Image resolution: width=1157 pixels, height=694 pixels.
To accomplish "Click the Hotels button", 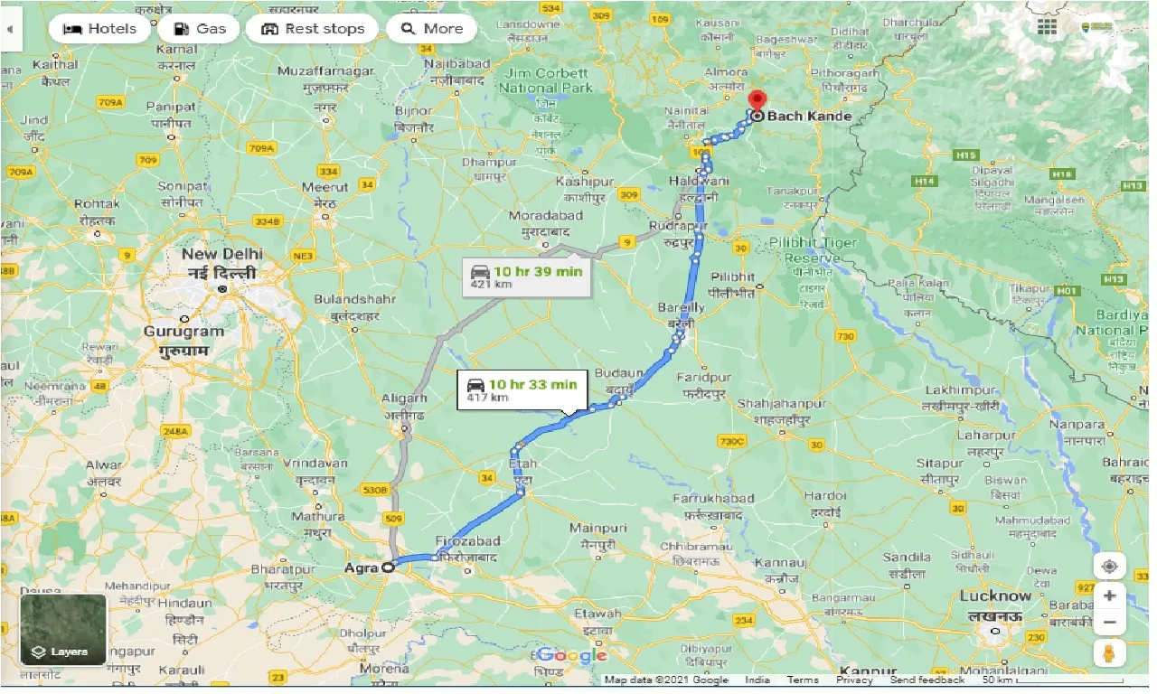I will click(x=99, y=29).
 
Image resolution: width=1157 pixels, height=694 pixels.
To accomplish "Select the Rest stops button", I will click(x=312, y=29).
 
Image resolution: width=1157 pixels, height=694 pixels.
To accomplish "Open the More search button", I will click(x=431, y=29).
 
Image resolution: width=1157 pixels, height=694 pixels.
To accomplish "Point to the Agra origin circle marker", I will click(x=388, y=567).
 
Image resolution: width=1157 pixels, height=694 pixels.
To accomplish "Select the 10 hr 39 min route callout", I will click(x=526, y=277).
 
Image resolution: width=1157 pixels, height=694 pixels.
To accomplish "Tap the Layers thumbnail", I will click(x=63, y=629).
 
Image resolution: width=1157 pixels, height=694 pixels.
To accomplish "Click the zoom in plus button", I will click(x=1109, y=596).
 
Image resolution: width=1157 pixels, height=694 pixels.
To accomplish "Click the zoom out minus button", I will click(x=1109, y=623).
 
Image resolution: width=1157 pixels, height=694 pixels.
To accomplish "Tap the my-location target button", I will click(x=1109, y=567).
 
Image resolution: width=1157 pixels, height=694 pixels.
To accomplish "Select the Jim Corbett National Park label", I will click(x=546, y=80).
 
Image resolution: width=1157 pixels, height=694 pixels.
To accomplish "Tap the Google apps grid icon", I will click(x=1047, y=27).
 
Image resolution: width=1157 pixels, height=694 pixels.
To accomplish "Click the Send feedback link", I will click(x=927, y=680).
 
